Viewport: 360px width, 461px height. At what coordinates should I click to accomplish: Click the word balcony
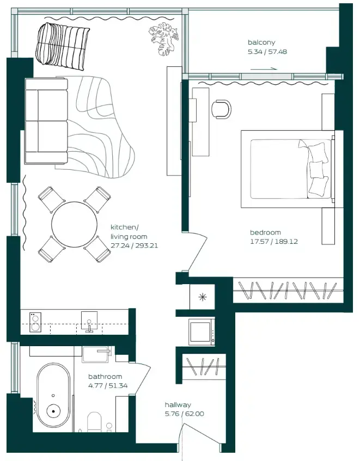[x=261, y=42]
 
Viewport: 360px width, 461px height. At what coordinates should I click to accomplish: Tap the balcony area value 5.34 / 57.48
[x=267, y=52]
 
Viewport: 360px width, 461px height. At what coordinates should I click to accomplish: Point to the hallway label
[x=178, y=405]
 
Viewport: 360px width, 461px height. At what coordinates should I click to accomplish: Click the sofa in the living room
[x=46, y=120]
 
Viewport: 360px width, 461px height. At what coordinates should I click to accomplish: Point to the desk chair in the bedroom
[x=221, y=108]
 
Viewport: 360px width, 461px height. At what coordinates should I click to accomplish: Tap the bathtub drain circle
[x=53, y=412]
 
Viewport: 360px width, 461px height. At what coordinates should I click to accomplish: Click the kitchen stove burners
[x=34, y=322]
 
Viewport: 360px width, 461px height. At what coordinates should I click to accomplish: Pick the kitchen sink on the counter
[x=89, y=321]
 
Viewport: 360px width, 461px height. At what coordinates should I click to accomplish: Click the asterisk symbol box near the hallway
[x=203, y=297]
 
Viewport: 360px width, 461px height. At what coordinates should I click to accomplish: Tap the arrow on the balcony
[x=264, y=69]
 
